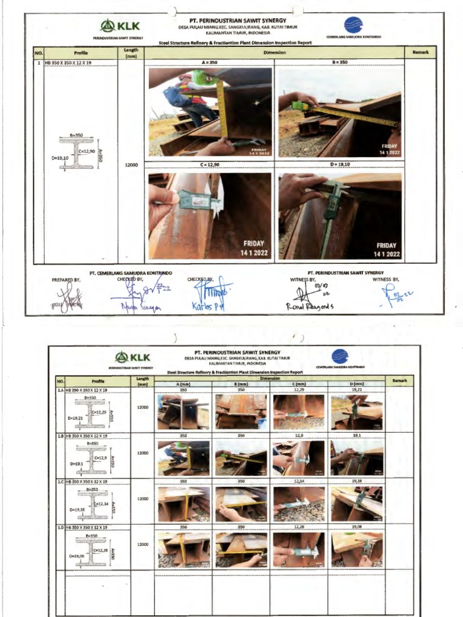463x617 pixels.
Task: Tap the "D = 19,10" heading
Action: [339, 164]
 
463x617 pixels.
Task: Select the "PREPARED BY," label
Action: [66, 280]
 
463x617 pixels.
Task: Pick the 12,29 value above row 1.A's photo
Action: [298, 390]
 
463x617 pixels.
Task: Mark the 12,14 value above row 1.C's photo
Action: [298, 481]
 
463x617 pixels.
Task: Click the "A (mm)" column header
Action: [183, 384]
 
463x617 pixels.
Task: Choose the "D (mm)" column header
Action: [356, 384]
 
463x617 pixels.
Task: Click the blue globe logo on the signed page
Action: [353, 25]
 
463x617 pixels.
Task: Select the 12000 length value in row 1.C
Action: [142, 498]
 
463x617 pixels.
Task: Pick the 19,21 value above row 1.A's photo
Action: [356, 390]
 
